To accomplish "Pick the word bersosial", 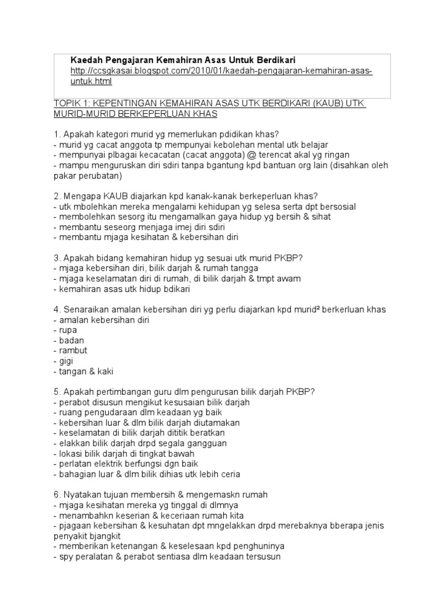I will pos(336,206).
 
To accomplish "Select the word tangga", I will pos(244,268).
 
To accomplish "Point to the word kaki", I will pos(112,371).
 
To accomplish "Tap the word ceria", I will pos(228,474).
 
